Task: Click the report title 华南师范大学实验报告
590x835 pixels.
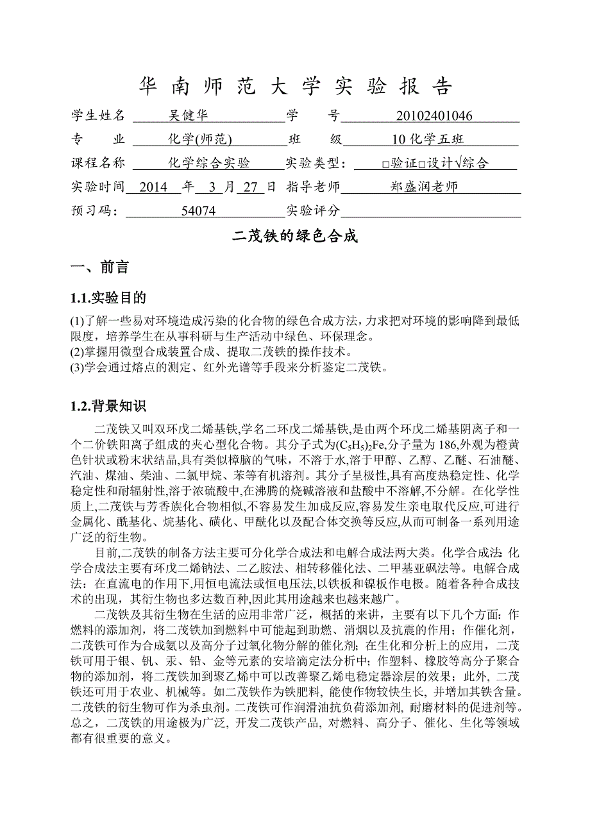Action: coord(295,87)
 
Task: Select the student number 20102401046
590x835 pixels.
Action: coord(435,116)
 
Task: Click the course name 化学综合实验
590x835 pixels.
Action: coord(209,164)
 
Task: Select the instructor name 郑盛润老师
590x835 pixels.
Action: coord(424,187)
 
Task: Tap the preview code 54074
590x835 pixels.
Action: coord(199,211)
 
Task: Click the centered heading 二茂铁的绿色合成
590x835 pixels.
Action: coord(294,237)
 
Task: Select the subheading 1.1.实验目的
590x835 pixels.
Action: coord(108,298)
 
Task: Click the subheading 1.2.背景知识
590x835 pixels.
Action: coord(108,406)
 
